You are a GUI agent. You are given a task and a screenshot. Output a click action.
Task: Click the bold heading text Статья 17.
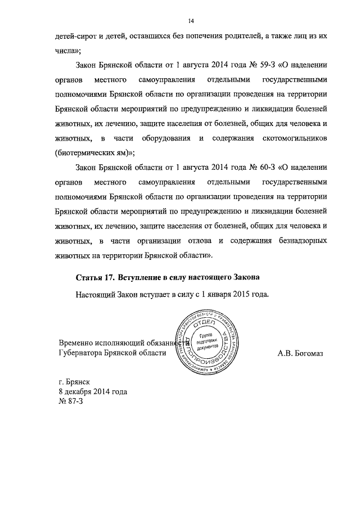[95, 278]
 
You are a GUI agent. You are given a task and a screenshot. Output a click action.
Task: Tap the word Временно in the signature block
[78, 343]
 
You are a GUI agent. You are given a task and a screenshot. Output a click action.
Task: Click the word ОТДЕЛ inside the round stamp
[202, 326]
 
